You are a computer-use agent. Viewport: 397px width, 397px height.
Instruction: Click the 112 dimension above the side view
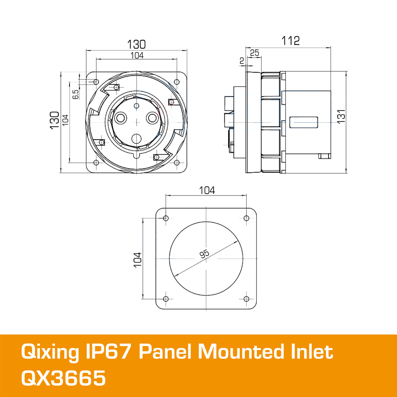pos(290,41)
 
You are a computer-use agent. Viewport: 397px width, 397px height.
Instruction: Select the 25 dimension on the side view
pos(254,53)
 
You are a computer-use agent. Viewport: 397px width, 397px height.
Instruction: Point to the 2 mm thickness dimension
pos(242,61)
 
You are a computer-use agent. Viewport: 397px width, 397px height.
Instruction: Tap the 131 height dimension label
pos(341,116)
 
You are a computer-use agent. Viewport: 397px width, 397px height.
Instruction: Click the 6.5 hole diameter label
pos(75,94)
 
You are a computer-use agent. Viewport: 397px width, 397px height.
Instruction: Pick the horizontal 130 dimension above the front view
pos(136,44)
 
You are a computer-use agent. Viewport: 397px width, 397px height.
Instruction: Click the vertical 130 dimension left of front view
pos(55,120)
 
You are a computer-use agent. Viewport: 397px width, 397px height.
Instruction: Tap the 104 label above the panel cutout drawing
pos(207,190)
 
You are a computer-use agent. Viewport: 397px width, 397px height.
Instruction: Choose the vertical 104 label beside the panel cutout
pos(138,260)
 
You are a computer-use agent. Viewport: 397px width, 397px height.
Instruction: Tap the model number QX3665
pos(63,378)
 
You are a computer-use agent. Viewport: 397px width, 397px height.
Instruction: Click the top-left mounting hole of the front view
pos(96,81)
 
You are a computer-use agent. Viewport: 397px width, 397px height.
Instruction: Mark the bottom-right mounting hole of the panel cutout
pos(247,299)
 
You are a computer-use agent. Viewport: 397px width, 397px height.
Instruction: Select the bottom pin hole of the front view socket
pos(136,139)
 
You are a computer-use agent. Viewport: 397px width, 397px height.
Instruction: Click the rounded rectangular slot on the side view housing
pos(304,122)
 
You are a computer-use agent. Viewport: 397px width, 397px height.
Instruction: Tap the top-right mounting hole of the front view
pos(177,81)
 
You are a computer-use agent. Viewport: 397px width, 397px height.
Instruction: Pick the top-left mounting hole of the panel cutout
pos(166,218)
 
